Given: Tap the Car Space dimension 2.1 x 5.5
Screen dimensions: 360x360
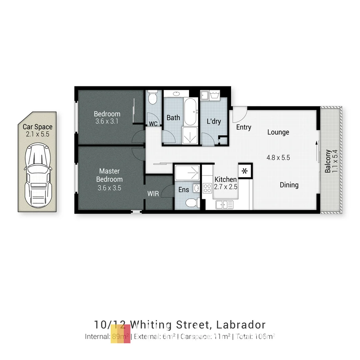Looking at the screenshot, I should pyautogui.click(x=37, y=134).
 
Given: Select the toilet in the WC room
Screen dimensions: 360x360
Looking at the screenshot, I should pyautogui.click(x=153, y=97).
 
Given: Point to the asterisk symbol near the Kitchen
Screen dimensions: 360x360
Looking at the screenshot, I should pyautogui.click(x=245, y=171).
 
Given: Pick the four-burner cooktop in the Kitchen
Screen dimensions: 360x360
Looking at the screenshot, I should pyautogui.click(x=207, y=188).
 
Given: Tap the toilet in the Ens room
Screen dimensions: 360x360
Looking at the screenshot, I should pyautogui.click(x=192, y=203).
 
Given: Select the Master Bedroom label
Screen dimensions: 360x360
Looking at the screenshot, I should pyautogui.click(x=109, y=175).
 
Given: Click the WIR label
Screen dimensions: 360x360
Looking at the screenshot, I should pyautogui.click(x=153, y=194).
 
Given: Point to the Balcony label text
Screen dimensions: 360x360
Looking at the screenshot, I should pyautogui.click(x=328, y=161).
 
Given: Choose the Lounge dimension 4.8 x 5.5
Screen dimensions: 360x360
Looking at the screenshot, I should pyautogui.click(x=278, y=158).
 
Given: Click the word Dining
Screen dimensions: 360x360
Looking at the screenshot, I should pyautogui.click(x=289, y=185).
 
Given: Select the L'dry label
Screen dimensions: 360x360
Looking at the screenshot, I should pyautogui.click(x=214, y=121).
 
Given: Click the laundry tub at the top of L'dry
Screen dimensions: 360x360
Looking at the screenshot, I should pyautogui.click(x=213, y=95).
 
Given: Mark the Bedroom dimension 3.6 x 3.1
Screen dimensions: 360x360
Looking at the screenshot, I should pyautogui.click(x=107, y=121).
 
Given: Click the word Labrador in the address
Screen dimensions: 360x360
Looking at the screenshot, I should pyautogui.click(x=241, y=324).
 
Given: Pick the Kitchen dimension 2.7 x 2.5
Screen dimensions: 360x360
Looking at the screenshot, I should pyautogui.click(x=226, y=187).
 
